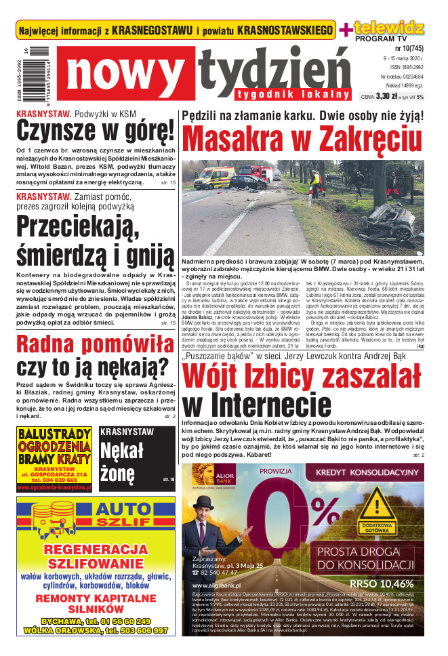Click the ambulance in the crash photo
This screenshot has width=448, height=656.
[214, 178]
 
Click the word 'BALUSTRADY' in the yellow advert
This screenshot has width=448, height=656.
[55, 434]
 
